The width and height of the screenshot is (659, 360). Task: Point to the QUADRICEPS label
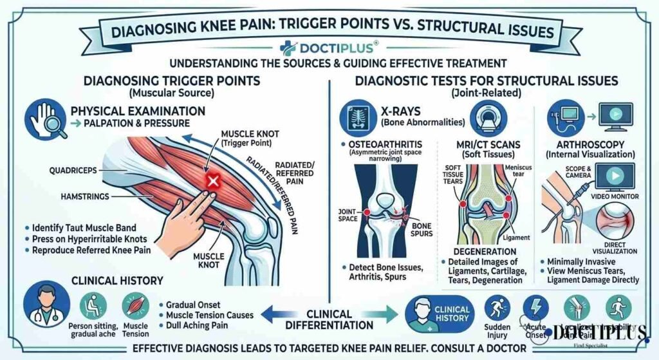[73, 171]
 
